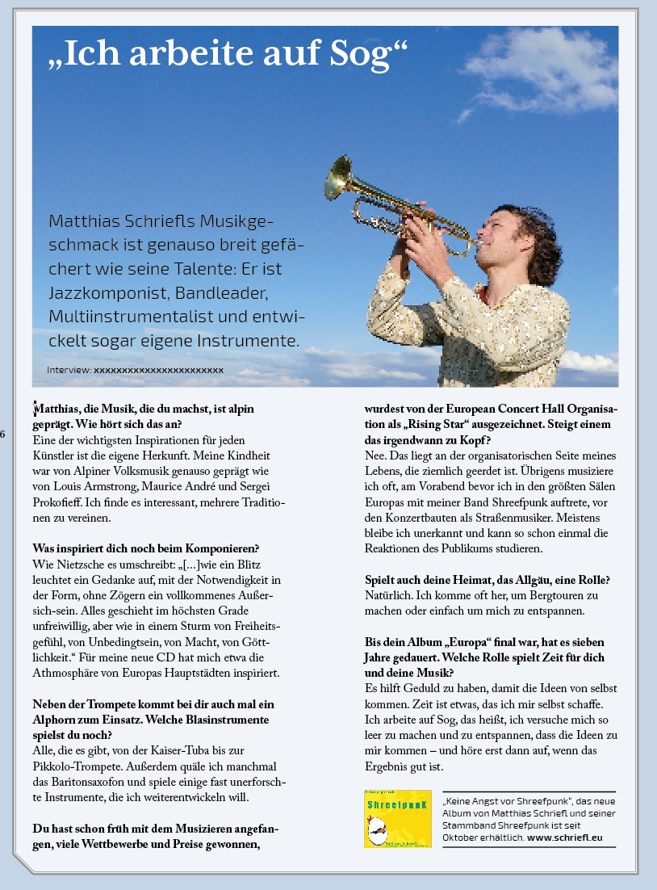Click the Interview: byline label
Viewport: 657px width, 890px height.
click(69, 370)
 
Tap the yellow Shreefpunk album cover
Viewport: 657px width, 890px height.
click(397, 818)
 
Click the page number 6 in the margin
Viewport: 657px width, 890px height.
click(3, 435)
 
